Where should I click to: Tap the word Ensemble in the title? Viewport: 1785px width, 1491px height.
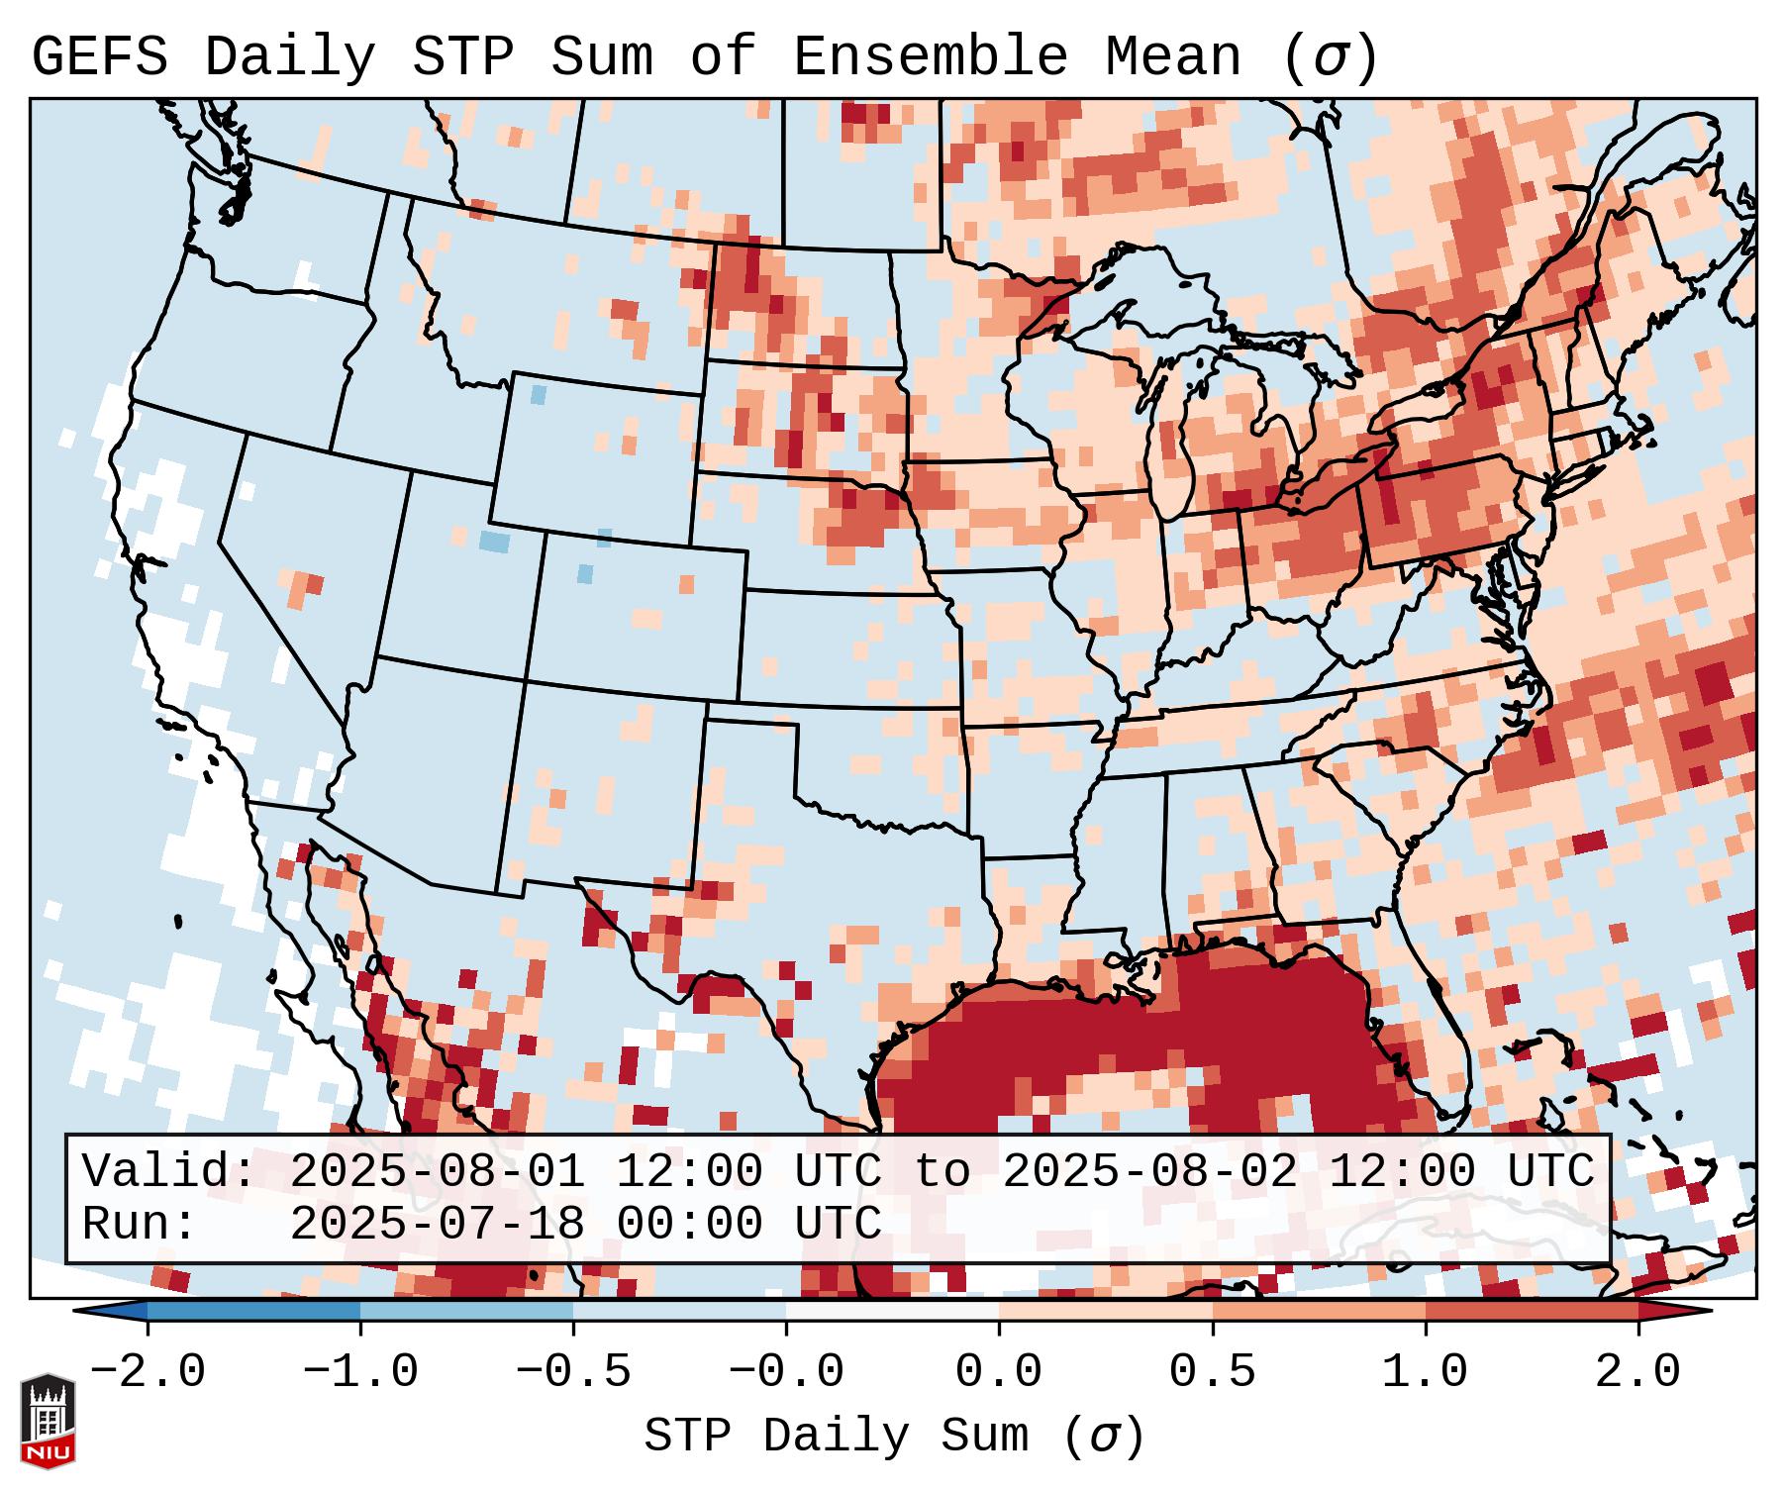[930, 58]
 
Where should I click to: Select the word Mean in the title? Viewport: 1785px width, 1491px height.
[1172, 58]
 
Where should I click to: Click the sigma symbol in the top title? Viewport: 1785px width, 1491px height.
[1329, 58]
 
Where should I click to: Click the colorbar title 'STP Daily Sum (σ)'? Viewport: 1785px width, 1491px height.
[894, 1437]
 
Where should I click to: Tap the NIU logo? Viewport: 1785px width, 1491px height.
[48, 1420]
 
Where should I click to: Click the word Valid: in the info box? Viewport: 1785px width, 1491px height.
[169, 1172]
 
